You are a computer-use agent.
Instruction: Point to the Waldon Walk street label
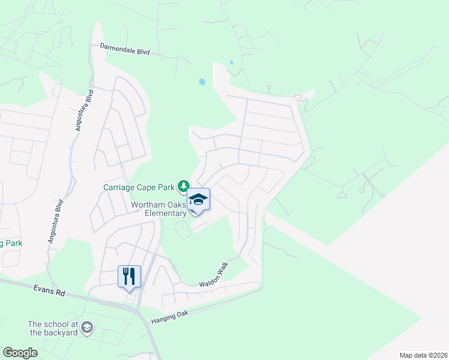[x=215, y=277]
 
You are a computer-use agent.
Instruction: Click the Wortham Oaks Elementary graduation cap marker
[x=199, y=199]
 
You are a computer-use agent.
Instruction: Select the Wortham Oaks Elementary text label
[x=159, y=209]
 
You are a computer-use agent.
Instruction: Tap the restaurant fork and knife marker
[x=129, y=276]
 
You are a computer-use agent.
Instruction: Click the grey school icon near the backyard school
[x=87, y=328]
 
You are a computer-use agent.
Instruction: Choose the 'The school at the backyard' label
[x=53, y=328]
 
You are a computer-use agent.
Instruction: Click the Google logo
[x=20, y=353]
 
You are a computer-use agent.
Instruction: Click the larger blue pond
[x=202, y=82]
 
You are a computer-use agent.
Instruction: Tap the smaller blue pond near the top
[x=231, y=62]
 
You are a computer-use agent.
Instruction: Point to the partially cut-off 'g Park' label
[x=11, y=244]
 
